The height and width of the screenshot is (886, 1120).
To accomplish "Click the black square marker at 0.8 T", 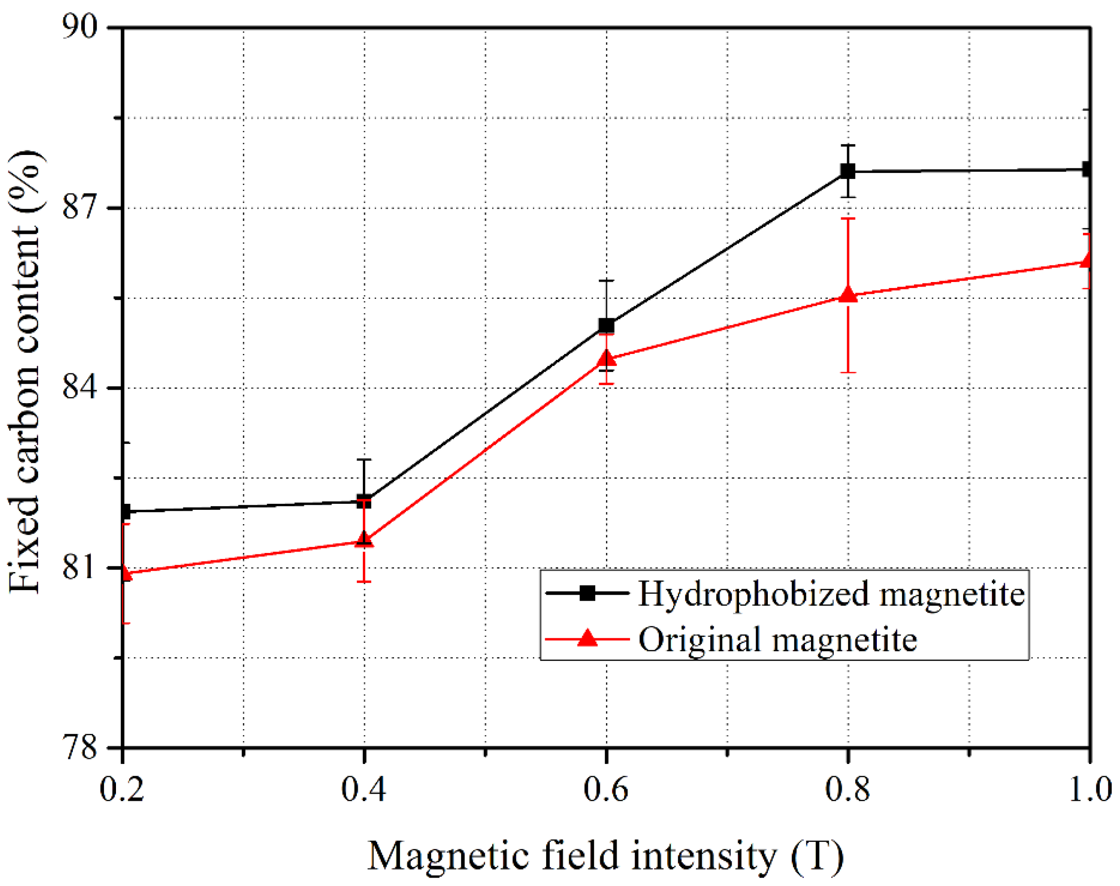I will click(x=848, y=171).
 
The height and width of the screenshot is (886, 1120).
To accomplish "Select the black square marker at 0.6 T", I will click(x=606, y=326).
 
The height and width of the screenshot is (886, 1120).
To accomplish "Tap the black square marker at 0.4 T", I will click(x=364, y=501).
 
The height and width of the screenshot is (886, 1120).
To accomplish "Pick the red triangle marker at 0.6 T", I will click(x=606, y=358).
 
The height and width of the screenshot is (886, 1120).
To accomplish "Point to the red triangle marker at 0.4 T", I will click(x=364, y=540).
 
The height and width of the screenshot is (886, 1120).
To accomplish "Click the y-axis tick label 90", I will click(x=79, y=27).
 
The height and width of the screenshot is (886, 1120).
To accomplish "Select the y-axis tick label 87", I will click(x=79, y=207).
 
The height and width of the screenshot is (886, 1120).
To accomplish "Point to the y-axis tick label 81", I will click(x=79, y=567).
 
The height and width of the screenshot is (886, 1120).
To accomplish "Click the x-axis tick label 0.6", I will click(x=605, y=790).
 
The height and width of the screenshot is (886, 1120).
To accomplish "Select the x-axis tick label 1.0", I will click(x=1089, y=790).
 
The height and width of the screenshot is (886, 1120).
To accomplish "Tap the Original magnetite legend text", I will click(x=777, y=639).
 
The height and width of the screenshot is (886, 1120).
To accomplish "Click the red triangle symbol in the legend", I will click(x=587, y=637).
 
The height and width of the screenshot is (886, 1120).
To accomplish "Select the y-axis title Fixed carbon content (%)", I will click(x=25, y=371).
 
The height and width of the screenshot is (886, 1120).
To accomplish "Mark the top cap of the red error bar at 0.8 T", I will click(x=848, y=218).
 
